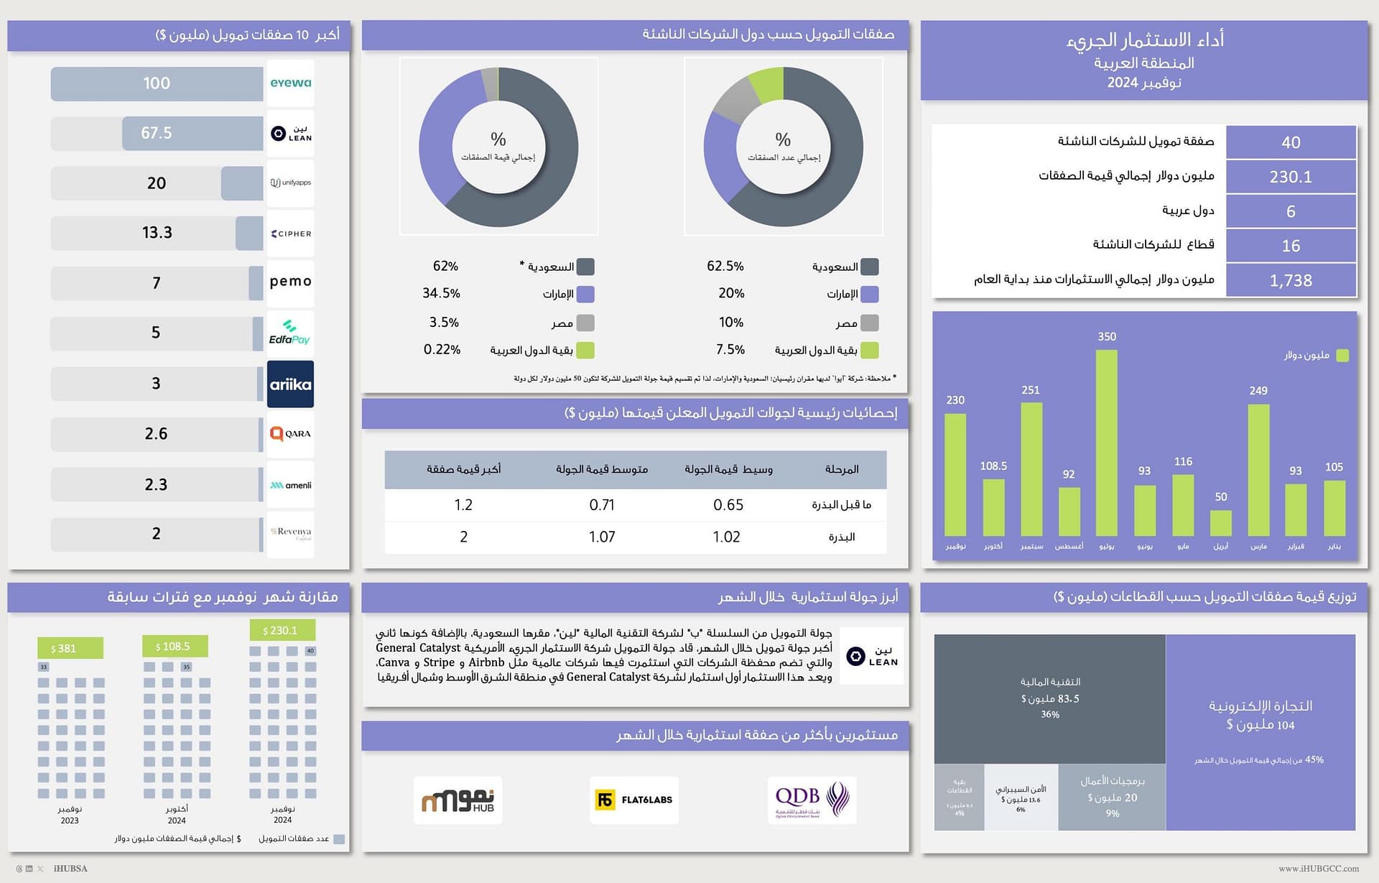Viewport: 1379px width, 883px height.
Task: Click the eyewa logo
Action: pos(290,83)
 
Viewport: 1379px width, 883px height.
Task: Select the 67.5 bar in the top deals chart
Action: pos(192,133)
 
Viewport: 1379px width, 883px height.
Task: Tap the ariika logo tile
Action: pos(290,384)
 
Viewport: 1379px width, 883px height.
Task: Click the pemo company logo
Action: pos(290,282)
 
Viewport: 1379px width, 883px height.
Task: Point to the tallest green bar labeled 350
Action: pos(1106,442)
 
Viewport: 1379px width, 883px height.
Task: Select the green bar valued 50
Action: pos(1220,523)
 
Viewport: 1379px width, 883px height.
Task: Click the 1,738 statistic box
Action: pos(1291,280)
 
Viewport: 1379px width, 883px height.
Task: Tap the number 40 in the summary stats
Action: pos(1291,142)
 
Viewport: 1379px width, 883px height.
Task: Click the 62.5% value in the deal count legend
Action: pos(725,267)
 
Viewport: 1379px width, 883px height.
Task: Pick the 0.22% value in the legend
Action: pos(442,350)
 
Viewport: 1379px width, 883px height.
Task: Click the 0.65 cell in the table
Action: pos(728,505)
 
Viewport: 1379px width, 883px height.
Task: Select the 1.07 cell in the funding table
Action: pos(602,537)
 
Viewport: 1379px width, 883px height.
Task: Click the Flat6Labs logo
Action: pos(633,800)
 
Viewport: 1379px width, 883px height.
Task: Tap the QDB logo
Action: pos(812,800)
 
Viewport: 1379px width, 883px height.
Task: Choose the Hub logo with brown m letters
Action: pos(458,800)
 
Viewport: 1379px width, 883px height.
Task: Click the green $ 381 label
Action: pos(70,648)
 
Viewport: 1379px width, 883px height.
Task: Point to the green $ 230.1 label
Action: pos(282,630)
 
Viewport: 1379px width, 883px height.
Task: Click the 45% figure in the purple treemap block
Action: pos(1314,759)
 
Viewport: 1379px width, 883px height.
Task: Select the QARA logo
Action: pos(290,434)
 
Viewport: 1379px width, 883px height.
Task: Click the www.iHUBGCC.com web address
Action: pos(1318,869)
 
